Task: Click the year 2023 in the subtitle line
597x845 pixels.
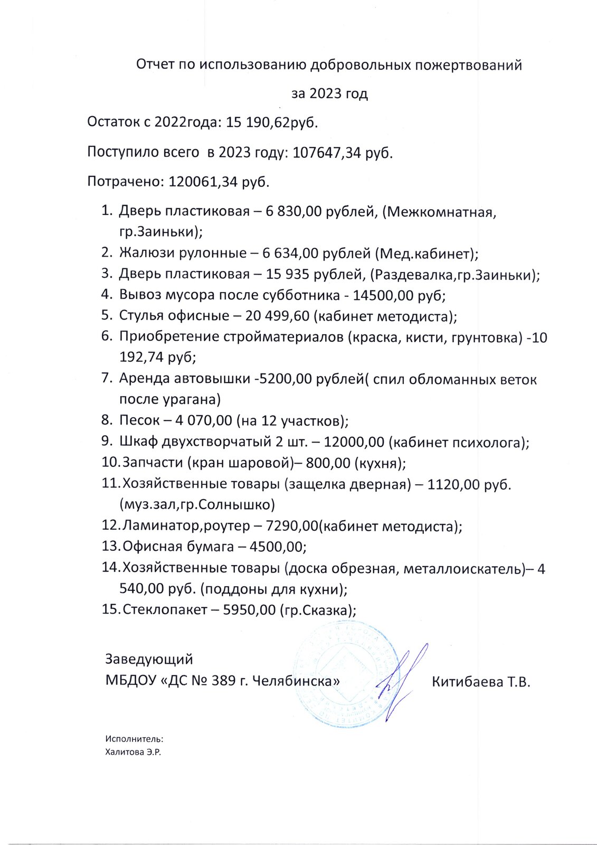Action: click(x=326, y=94)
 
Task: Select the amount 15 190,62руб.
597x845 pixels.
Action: click(x=272, y=123)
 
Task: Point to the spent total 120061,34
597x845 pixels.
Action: click(x=203, y=182)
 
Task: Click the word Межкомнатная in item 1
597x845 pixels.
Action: click(x=440, y=212)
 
